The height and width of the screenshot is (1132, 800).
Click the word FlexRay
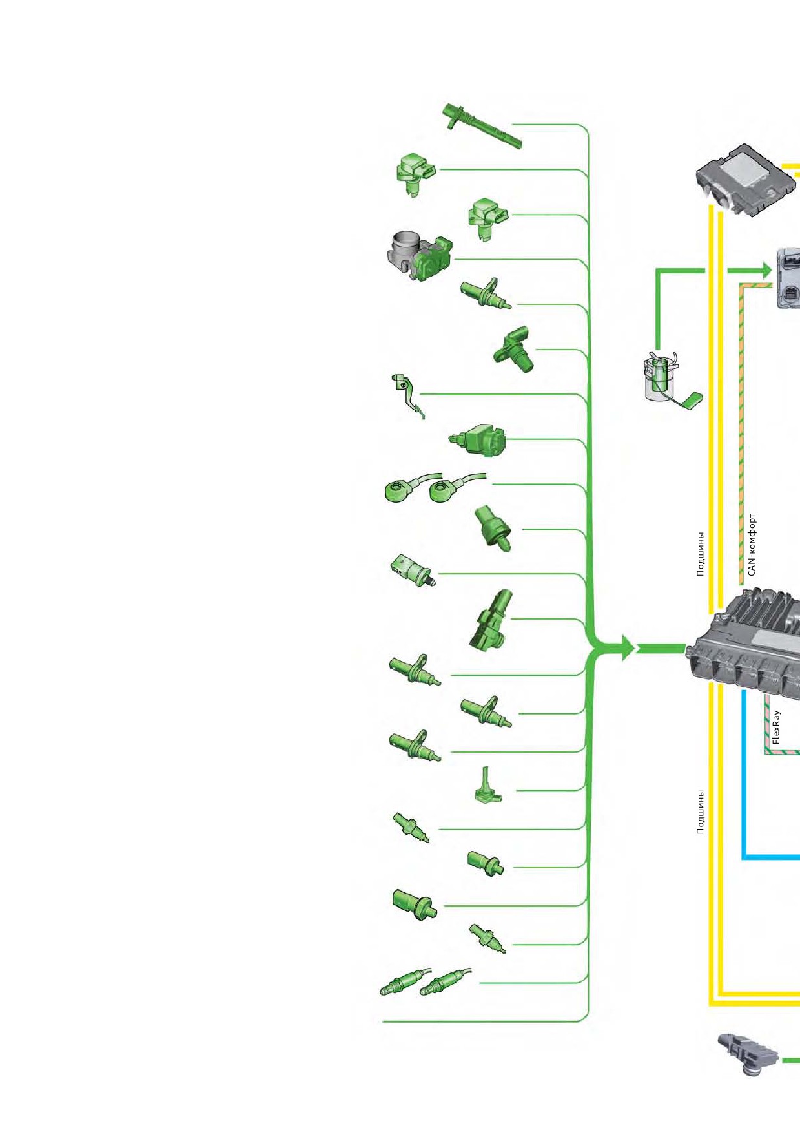776,728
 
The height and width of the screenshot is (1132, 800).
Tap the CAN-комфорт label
752,545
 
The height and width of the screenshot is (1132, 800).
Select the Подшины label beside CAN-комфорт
701,554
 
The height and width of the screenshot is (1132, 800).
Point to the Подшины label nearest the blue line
701,812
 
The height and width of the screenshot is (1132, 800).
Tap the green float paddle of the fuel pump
693,401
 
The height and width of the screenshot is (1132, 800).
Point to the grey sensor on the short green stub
748,1054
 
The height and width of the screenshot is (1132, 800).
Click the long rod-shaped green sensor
482,126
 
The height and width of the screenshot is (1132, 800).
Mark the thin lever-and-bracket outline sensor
407,395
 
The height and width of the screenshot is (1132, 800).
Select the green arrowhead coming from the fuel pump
766,270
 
